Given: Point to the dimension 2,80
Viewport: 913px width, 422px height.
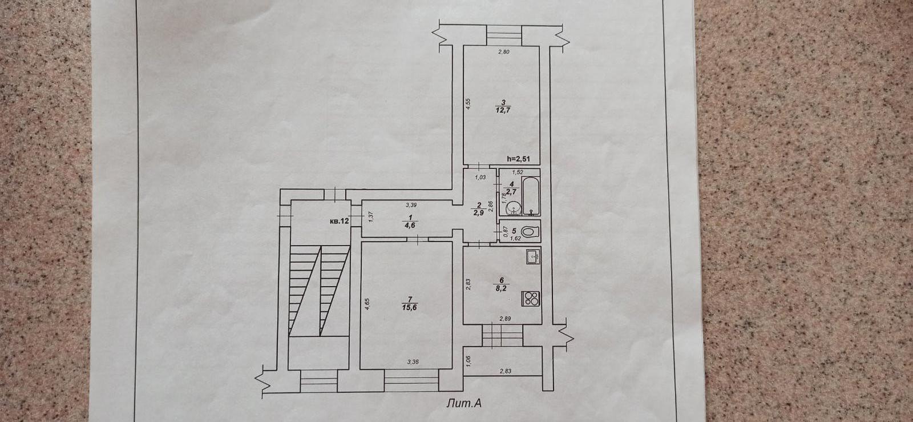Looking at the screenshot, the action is point(503,53).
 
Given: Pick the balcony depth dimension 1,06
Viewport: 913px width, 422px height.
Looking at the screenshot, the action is point(468,360).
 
